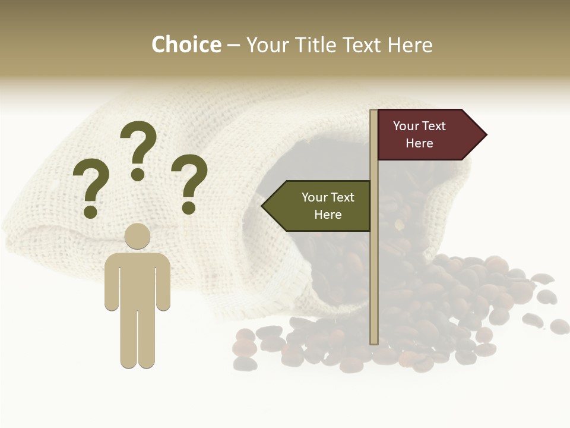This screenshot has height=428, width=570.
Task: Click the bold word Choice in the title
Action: (186, 45)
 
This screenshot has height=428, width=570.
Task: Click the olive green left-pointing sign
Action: (321, 206)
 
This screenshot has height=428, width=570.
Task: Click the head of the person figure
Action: (137, 236)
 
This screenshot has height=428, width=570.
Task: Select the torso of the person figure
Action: (137, 279)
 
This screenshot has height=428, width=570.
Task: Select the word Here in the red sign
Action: (419, 143)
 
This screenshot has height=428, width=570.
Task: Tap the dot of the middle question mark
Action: (138, 174)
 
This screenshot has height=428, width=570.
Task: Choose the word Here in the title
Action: (410, 45)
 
